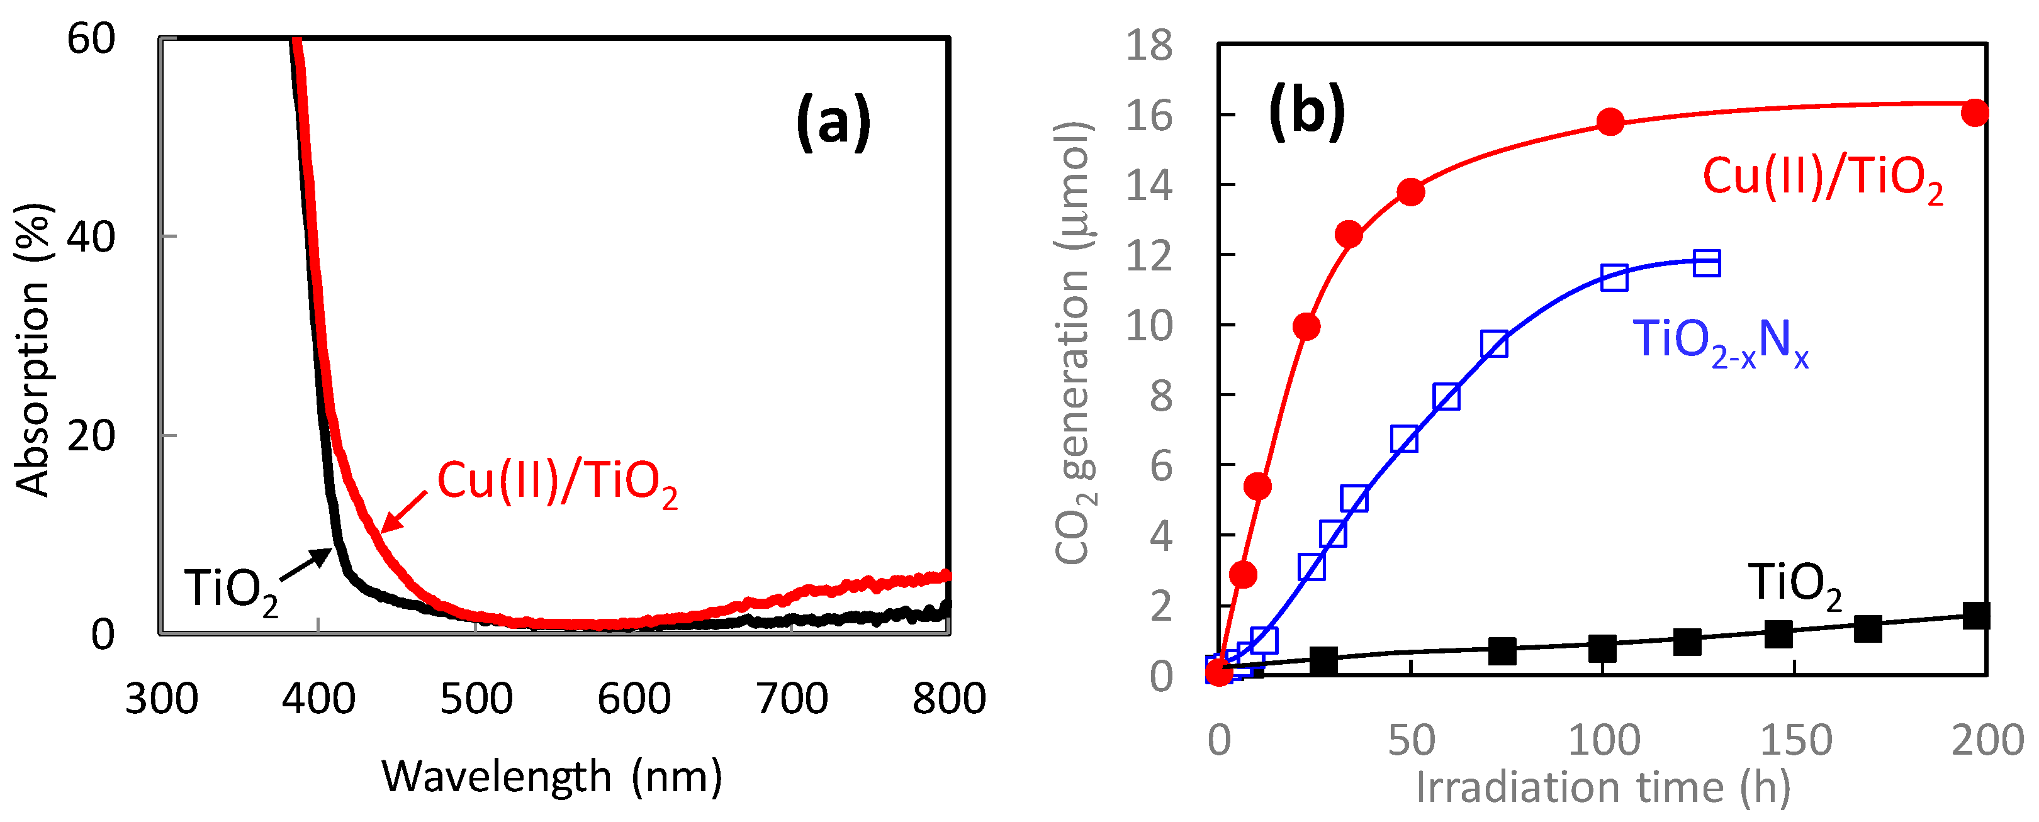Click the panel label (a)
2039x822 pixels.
pos(833,123)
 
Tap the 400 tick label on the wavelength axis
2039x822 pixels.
pos(318,699)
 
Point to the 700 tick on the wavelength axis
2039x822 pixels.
pos(792,699)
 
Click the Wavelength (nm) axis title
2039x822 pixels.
pos(552,776)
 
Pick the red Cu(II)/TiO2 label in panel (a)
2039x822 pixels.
pos(557,482)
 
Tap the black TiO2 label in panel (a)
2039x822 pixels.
pos(231,590)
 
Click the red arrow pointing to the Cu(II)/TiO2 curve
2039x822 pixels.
pos(403,512)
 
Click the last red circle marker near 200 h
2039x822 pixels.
pos(1975,113)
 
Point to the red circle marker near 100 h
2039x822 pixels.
pos(1610,122)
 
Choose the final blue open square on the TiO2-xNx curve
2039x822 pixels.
pos(1707,263)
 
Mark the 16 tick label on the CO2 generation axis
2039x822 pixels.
pos(1149,116)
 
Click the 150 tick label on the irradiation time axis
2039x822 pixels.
pos(1794,740)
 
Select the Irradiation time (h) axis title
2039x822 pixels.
pos(1602,787)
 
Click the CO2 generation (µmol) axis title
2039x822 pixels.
pos(1075,343)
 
